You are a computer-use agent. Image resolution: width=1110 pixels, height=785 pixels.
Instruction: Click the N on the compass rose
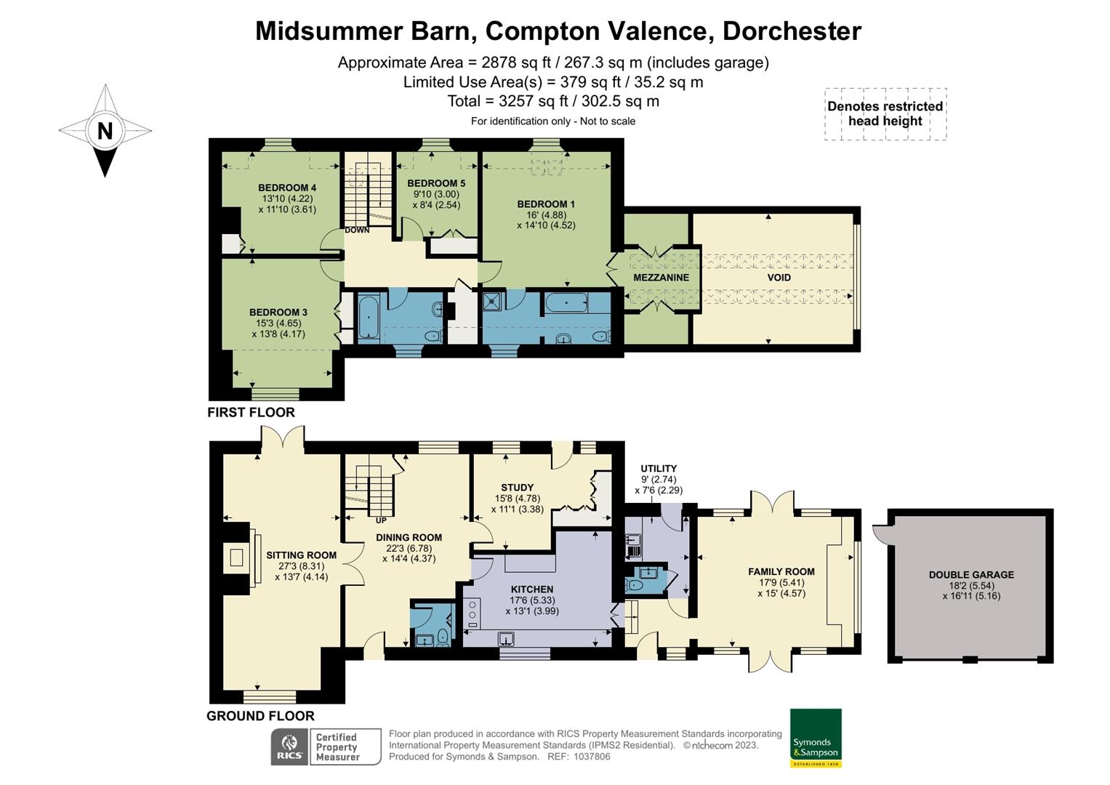[105, 131]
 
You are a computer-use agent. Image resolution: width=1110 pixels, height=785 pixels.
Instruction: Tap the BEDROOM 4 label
[287, 188]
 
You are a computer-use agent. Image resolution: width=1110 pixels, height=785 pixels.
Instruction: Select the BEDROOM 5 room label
[436, 183]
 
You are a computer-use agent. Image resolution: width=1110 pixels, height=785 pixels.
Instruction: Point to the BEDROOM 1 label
[546, 204]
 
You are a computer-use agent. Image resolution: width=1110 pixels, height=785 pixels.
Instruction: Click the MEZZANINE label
[661, 278]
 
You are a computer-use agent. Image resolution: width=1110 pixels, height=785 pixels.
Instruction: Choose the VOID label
[779, 278]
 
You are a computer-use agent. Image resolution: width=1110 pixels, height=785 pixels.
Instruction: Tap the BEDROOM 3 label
[278, 313]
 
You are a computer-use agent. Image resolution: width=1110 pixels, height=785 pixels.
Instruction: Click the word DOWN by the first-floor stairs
[357, 230]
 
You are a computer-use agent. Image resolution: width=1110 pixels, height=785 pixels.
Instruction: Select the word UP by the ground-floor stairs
[381, 520]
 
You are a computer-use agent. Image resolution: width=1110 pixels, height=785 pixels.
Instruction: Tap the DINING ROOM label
[409, 538]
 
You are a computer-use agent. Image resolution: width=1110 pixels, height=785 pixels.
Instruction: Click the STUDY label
[517, 488]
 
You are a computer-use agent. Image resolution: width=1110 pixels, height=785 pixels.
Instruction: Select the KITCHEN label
[532, 589]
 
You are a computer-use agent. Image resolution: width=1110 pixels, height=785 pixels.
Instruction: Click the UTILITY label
[659, 469]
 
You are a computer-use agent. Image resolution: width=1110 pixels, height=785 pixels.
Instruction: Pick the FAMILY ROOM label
[781, 572]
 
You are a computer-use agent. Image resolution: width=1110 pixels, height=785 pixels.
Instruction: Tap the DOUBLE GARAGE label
[971, 575]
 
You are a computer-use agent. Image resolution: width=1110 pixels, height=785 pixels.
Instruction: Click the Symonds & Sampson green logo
[816, 738]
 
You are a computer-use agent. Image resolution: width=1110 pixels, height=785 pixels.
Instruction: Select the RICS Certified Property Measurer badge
[326, 746]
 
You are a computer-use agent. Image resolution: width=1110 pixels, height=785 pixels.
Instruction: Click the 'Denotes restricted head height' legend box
[885, 114]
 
